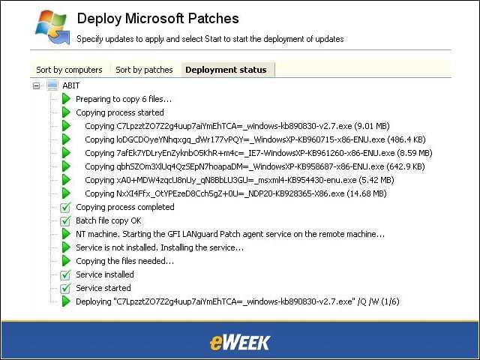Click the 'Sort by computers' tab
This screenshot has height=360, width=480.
[69, 70]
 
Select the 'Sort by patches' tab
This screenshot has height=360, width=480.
[144, 70]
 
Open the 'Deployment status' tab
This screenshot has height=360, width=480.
[226, 70]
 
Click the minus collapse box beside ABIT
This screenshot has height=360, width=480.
[37, 86]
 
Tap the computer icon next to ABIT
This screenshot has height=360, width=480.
[52, 85]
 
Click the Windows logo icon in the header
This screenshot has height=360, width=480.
[52, 28]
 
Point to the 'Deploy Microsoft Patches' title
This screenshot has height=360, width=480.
[158, 18]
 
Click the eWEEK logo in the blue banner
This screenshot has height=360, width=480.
[240, 342]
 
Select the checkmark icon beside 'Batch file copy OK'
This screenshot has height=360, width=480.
[65, 220]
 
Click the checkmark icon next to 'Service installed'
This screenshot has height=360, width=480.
[65, 274]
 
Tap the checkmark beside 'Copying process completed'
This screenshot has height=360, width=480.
[65, 207]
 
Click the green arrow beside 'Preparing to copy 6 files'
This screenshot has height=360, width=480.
[66, 99]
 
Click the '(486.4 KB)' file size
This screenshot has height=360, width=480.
[406, 139]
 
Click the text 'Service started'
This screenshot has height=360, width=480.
[103, 288]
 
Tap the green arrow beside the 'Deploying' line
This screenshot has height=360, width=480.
[66, 301]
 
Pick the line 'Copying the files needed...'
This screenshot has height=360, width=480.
[125, 261]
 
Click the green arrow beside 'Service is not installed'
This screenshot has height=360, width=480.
[66, 247]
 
